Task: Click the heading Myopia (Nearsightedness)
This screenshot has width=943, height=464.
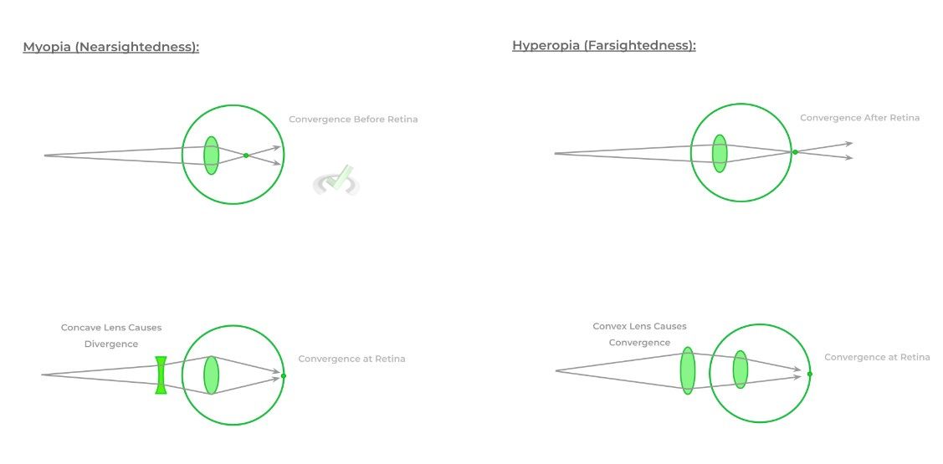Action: pos(110,47)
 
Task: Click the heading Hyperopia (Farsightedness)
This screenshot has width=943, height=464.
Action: pos(604,45)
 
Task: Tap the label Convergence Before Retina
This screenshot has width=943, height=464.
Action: pos(353,119)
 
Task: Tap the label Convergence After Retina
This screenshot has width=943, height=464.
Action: pos(859,118)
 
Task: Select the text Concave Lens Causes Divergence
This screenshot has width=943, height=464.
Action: pos(111,336)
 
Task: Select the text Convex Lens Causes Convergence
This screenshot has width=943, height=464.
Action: pos(639,334)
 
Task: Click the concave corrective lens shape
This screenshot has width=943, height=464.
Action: pos(161,375)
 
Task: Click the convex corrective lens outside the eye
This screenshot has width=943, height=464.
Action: pos(688,370)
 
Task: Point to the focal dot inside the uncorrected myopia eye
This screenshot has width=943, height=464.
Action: pos(246,155)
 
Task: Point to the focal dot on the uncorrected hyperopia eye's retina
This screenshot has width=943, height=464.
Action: pos(795,152)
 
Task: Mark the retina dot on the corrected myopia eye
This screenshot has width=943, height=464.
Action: pos(284,375)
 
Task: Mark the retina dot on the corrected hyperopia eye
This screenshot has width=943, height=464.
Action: pos(809,374)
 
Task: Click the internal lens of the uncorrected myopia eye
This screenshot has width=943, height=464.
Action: pos(211,155)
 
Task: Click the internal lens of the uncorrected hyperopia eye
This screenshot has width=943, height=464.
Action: pos(720,153)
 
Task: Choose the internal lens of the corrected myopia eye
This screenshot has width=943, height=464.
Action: pos(211,375)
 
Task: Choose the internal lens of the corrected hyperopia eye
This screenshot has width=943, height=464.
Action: pos(741,369)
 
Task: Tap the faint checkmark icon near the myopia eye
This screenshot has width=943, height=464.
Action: pos(336,181)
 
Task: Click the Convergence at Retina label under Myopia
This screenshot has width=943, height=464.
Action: pos(351,359)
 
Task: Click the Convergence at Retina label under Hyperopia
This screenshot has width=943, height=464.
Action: pos(877,357)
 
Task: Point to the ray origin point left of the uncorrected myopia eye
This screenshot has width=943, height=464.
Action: pos(44,156)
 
